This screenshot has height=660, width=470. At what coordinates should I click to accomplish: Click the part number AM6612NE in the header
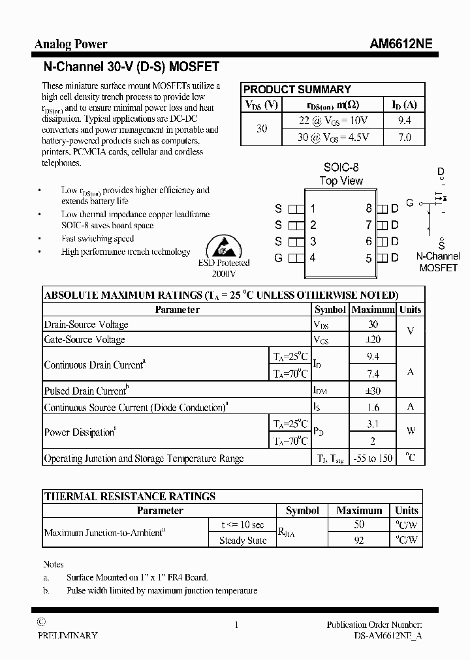point(400,44)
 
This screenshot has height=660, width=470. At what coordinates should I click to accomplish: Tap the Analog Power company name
point(70,44)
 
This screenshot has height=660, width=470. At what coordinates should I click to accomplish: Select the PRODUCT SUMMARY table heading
point(297,89)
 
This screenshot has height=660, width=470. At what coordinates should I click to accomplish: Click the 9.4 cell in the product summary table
point(404,121)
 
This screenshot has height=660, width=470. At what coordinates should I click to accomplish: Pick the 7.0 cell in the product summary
point(404,137)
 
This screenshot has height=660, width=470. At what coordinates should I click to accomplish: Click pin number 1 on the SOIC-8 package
point(313,209)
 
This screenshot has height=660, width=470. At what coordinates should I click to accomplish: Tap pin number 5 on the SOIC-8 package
point(369,258)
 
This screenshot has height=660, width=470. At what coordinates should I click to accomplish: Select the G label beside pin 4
point(278,258)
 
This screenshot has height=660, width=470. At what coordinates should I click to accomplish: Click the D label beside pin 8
point(394,209)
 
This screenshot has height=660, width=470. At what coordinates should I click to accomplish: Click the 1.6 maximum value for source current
point(373,407)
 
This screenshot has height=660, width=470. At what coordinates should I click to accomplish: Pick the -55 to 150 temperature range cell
point(373,458)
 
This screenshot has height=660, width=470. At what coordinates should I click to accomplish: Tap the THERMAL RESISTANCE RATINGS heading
point(129,496)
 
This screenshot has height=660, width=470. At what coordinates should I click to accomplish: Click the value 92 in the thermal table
point(358,540)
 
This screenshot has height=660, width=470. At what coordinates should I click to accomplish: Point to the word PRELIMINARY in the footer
point(67,635)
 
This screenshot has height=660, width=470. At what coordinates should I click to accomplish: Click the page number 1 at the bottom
point(236,625)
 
